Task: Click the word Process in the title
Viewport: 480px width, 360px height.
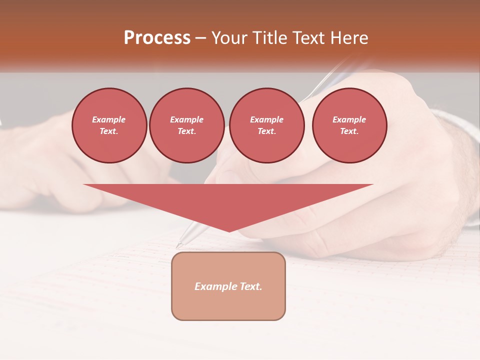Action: (x=157, y=38)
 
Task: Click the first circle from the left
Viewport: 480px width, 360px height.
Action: (x=109, y=125)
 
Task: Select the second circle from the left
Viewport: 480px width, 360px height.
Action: (x=186, y=125)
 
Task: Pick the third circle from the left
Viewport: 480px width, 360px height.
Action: (x=266, y=125)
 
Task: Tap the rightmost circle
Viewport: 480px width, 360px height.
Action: (x=349, y=125)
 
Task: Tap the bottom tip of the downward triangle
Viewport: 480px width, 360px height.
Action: (x=229, y=231)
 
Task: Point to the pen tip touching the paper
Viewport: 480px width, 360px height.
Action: (x=178, y=245)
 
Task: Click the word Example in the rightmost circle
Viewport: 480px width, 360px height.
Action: (x=349, y=120)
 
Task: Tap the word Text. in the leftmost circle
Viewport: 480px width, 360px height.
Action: (x=109, y=131)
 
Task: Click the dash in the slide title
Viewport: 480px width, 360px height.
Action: (x=200, y=38)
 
